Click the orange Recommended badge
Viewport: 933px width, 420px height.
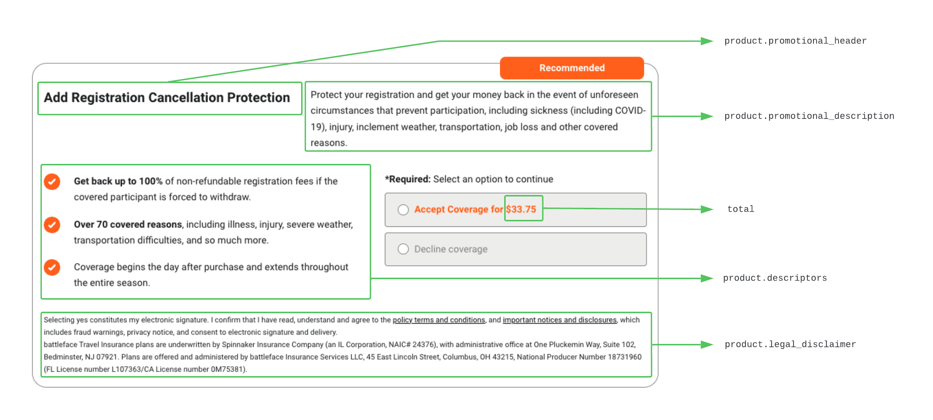(x=572, y=68)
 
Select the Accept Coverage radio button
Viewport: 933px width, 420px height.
(x=403, y=210)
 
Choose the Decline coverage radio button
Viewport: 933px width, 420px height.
(x=403, y=249)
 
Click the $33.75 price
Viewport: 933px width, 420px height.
(x=521, y=209)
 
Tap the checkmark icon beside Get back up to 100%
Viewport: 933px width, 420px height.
(x=52, y=181)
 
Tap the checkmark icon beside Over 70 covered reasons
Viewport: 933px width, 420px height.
(x=52, y=225)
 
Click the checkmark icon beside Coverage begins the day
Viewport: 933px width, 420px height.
(x=52, y=267)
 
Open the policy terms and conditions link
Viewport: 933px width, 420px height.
(x=439, y=320)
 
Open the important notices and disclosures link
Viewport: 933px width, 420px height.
(x=559, y=320)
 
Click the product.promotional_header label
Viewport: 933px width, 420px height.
(x=795, y=41)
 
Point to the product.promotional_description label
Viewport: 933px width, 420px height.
(x=809, y=116)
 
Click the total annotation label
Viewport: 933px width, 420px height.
(x=741, y=209)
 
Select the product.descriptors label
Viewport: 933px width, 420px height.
(x=775, y=278)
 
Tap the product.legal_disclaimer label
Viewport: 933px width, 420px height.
(x=790, y=345)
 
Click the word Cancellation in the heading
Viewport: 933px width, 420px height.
(x=186, y=98)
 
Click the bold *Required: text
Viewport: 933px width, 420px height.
(x=408, y=179)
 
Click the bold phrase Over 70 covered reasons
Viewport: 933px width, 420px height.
(x=128, y=224)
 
